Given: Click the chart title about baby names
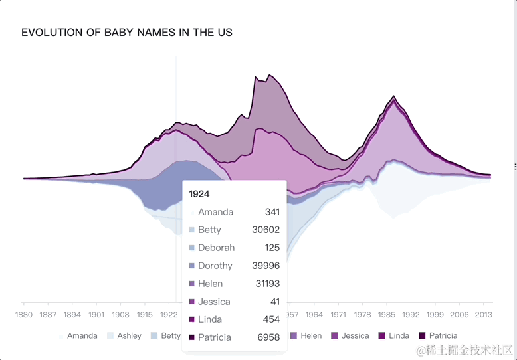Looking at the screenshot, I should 127,32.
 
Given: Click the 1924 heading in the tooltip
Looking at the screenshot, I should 199,194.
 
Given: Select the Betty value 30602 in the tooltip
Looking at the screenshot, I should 266,230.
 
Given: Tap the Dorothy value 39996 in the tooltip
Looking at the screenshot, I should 266,266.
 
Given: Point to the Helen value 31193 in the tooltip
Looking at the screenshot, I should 266,284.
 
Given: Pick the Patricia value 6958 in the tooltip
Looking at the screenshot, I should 268,337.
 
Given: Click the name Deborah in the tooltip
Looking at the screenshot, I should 216,248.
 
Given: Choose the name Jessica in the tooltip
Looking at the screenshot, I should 215,302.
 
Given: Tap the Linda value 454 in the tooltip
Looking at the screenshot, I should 271,319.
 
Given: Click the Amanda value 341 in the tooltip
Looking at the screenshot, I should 271,212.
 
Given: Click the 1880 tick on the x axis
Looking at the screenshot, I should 24,314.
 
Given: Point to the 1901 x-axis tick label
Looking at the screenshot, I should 96,314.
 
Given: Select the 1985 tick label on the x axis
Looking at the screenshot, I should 387,314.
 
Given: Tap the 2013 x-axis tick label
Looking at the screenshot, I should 483,314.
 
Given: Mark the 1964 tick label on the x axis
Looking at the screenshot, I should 314,314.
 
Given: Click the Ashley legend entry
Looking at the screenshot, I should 124,336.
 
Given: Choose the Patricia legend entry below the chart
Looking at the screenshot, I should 438,336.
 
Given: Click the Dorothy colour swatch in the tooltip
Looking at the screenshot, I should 192,266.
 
